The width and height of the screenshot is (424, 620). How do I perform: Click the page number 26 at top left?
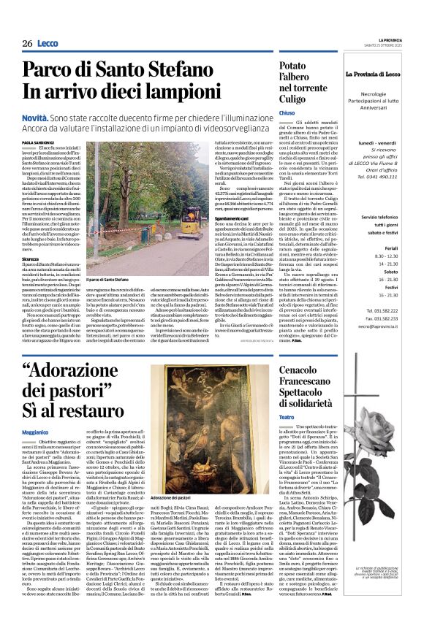(x=27, y=44)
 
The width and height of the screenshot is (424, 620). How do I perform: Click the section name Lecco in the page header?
(x=50, y=44)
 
